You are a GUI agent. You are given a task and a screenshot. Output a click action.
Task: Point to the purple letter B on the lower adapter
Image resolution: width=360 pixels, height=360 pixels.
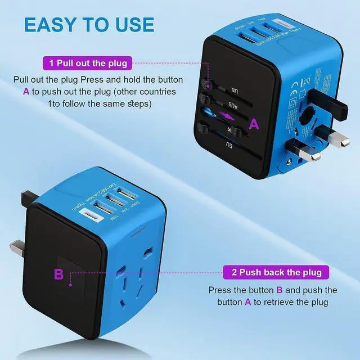pos(58,274)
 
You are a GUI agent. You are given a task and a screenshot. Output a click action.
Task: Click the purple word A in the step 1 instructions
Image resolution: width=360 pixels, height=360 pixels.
pos(26,91)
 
